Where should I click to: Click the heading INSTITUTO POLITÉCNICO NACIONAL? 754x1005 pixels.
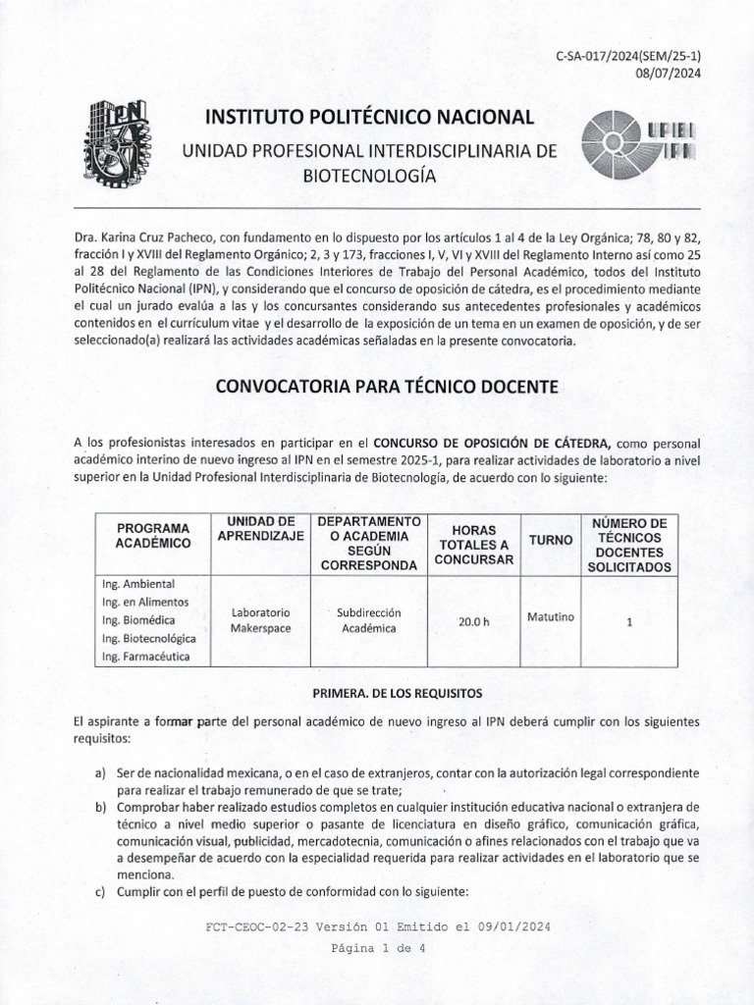(x=369, y=118)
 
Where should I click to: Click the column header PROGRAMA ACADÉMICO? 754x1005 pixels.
(x=152, y=535)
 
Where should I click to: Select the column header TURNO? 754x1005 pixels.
(x=550, y=541)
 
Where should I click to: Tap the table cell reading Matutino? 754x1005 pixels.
(x=550, y=617)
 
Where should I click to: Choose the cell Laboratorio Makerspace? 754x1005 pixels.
(x=260, y=620)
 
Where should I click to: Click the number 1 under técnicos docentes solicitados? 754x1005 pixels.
(x=629, y=621)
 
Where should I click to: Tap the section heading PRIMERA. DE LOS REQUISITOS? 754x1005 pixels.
(x=385, y=693)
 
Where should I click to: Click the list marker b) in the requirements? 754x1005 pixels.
(x=100, y=807)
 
